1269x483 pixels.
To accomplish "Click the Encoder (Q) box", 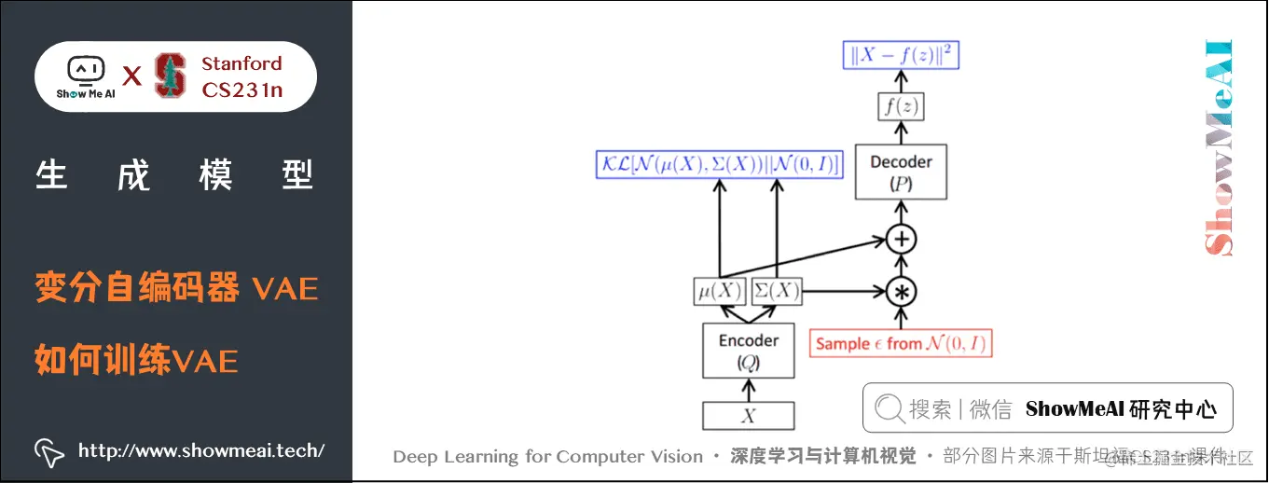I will point(748,351).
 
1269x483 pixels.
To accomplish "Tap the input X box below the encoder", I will point(748,416).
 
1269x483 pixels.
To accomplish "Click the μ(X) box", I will point(720,291).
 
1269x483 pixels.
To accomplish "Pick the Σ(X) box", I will point(776,291).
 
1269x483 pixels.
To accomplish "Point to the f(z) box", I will point(901,107).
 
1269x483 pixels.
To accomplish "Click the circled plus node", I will point(901,240).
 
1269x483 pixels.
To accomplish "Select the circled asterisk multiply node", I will point(901,292).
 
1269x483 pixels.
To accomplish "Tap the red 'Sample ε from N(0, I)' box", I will point(901,343).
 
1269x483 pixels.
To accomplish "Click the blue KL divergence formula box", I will point(719,165).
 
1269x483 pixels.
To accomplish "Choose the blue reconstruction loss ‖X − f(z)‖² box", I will point(901,56).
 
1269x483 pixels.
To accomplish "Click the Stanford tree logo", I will point(170,76).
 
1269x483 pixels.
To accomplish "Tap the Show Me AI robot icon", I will point(85,70).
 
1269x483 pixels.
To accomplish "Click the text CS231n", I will point(241,90).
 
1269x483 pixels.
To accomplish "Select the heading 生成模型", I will point(174,175).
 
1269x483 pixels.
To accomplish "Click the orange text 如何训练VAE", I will point(136,359).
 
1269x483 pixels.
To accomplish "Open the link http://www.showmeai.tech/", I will point(201,451).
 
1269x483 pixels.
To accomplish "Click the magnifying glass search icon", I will point(889,408).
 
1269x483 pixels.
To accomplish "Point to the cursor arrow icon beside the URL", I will point(49,452).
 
